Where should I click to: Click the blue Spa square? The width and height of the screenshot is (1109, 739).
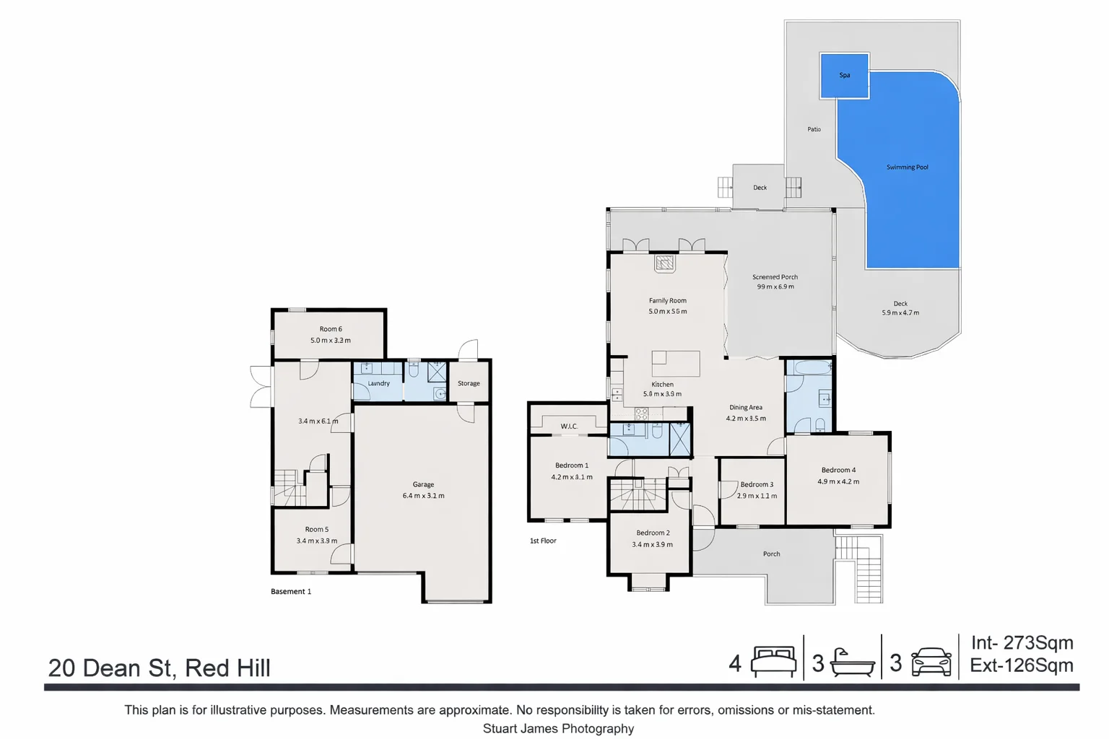[x=844, y=75]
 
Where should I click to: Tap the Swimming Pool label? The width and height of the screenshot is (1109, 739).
[x=907, y=167]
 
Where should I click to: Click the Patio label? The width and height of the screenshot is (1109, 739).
[x=814, y=129]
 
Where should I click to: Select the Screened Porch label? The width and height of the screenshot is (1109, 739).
[x=775, y=277]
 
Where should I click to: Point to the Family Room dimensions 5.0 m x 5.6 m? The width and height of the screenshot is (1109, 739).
[x=667, y=312]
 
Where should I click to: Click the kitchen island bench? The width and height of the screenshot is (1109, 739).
[x=675, y=364]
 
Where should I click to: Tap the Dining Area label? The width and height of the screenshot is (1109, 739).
[x=745, y=408]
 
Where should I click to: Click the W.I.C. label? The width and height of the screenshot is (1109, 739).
[x=569, y=427]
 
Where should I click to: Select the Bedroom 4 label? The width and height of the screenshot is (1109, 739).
[x=838, y=470]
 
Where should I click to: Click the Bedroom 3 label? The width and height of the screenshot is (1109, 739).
[x=756, y=485]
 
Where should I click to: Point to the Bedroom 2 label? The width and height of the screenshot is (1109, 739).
[x=653, y=533]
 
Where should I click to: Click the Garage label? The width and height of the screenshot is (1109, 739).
[x=423, y=485]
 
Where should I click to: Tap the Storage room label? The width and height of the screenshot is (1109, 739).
[x=469, y=384]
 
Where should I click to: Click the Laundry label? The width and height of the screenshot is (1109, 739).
[x=378, y=384]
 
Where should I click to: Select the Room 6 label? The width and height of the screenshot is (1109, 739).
[x=331, y=329]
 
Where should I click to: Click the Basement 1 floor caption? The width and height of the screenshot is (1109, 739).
[x=291, y=592]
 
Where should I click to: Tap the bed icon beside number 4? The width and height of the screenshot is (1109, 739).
[x=773, y=661]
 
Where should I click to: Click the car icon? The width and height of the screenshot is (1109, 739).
[x=931, y=661]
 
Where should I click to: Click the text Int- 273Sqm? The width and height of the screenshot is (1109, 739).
[x=1022, y=642]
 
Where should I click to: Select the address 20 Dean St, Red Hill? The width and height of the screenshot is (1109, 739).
[x=159, y=668]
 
